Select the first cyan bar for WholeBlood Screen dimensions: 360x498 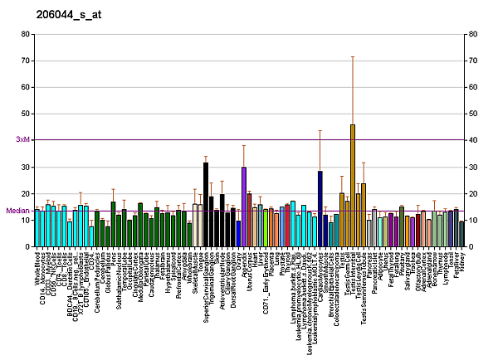(x=37, y=228)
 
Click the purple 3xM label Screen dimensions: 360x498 (x=22, y=140)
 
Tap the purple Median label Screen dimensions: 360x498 (x=18, y=211)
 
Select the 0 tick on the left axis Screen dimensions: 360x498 (x=28, y=246)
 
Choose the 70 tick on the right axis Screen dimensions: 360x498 (x=472, y=61)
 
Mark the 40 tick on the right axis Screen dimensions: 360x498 (x=472, y=140)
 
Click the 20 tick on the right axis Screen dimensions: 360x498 (x=472, y=193)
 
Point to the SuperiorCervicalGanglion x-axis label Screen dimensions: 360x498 (x=206, y=282)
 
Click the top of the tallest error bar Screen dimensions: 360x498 (x=352, y=56)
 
